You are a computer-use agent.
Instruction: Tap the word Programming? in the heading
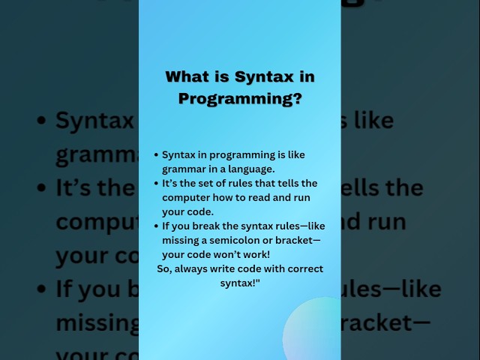240,98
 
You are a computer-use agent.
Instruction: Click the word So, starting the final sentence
166,268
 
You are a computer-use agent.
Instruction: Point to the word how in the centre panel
223,197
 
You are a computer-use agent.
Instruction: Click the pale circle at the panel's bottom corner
313,330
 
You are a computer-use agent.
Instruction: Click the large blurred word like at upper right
375,120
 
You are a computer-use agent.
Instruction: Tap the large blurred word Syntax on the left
94,121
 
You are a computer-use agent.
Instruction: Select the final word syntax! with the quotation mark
241,283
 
